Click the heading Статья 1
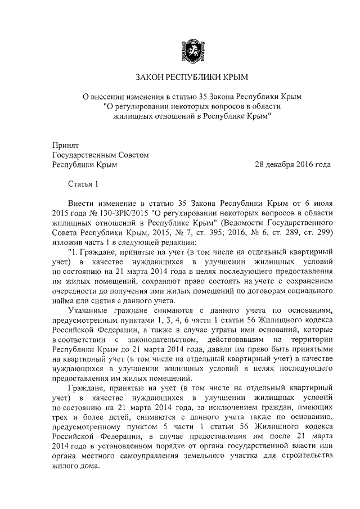[x=83, y=184]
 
